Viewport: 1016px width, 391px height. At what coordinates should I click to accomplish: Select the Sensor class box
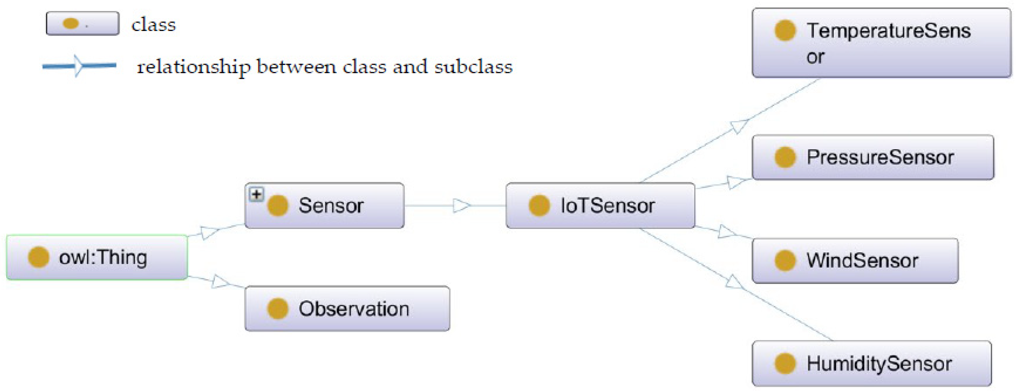click(324, 205)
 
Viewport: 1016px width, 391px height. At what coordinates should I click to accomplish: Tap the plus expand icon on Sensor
click(256, 194)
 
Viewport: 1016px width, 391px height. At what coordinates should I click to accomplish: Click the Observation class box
click(347, 309)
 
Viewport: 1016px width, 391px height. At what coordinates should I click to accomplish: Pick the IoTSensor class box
click(600, 205)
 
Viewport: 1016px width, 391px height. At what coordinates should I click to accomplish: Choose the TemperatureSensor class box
click(881, 43)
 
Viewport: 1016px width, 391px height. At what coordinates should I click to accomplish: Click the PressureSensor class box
click(872, 157)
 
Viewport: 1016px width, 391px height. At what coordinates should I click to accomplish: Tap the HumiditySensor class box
click(872, 363)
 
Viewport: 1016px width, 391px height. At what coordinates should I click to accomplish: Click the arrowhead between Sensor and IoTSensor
click(461, 205)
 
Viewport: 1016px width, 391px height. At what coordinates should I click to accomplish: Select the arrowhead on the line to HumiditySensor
click(734, 282)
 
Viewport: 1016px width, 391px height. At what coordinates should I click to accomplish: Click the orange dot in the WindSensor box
click(785, 261)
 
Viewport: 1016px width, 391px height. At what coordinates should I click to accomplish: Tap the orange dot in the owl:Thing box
click(38, 257)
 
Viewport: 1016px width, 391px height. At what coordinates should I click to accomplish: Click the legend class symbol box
click(82, 24)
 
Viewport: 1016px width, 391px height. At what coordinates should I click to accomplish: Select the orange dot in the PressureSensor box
click(785, 157)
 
